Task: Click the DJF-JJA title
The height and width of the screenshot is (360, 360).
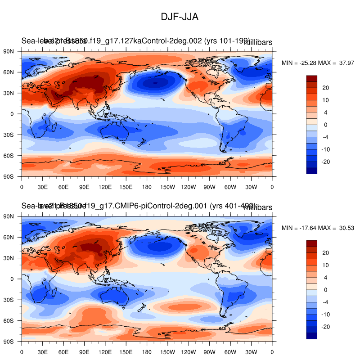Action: (x=180, y=17)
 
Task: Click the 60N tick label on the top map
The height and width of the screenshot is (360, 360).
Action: (x=10, y=72)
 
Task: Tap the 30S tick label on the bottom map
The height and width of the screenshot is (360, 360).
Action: (x=10, y=300)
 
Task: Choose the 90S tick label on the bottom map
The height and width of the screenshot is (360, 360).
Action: (x=10, y=341)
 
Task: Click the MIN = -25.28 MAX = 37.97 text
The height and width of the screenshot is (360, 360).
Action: (x=318, y=63)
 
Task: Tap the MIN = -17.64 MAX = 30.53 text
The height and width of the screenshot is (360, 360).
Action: (x=318, y=228)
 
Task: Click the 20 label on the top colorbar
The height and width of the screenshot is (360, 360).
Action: (x=326, y=88)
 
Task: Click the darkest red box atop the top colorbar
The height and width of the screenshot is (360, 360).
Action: (x=311, y=78)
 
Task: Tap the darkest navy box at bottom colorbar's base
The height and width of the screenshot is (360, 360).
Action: (x=311, y=335)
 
